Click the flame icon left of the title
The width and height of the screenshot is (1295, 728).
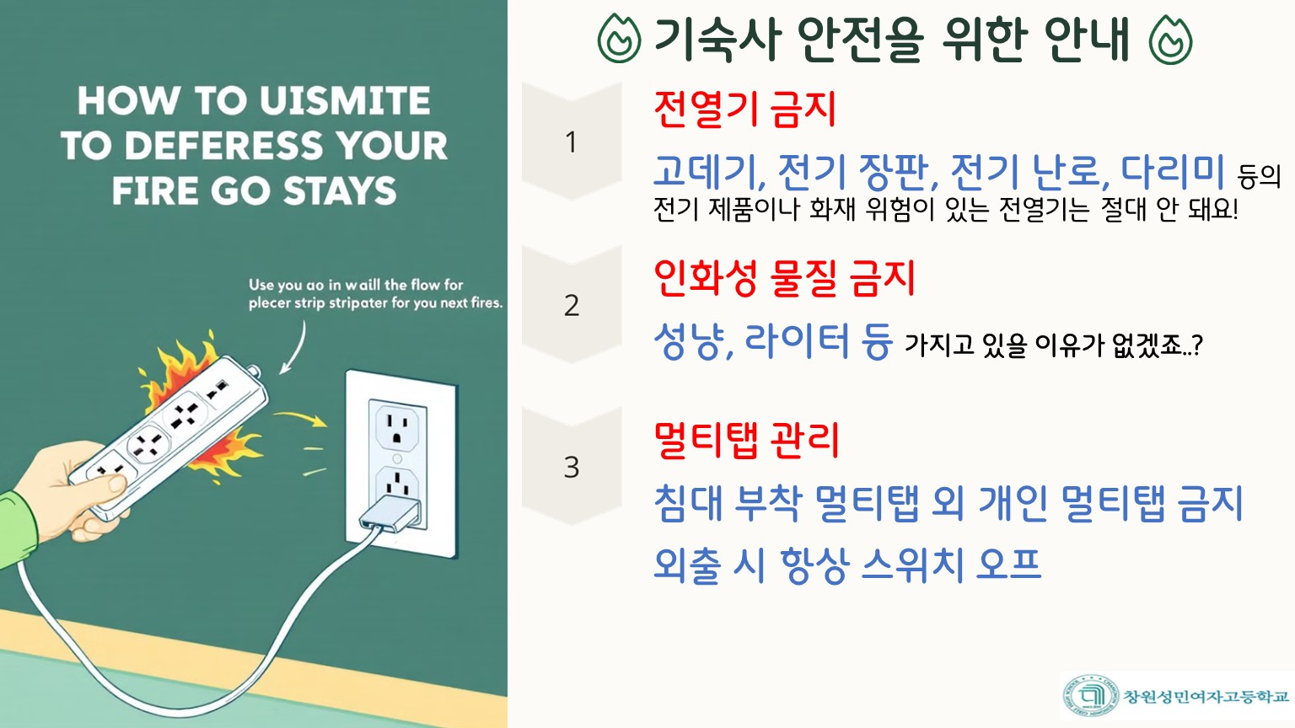[x=619, y=39]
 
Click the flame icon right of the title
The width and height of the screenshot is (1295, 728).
[x=1171, y=40]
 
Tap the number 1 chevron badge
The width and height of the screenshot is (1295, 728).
[x=572, y=141]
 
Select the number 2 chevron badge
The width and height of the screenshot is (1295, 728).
[x=572, y=304]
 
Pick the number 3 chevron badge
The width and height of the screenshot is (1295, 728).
[x=572, y=466]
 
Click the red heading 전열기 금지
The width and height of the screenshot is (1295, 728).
[x=744, y=110]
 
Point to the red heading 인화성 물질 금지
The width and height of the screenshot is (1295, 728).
[x=785, y=279]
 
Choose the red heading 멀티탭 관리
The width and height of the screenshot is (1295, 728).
[x=746, y=441]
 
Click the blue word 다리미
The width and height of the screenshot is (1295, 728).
[x=1173, y=171]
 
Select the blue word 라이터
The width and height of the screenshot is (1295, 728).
[x=796, y=341]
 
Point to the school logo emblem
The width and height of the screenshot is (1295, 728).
[x=1091, y=696]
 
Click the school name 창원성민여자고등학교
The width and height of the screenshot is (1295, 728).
[x=1206, y=696]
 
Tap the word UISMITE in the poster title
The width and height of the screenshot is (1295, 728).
[x=345, y=100]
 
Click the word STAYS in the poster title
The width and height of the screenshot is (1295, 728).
[x=340, y=191]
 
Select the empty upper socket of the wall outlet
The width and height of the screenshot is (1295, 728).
[x=397, y=427]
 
